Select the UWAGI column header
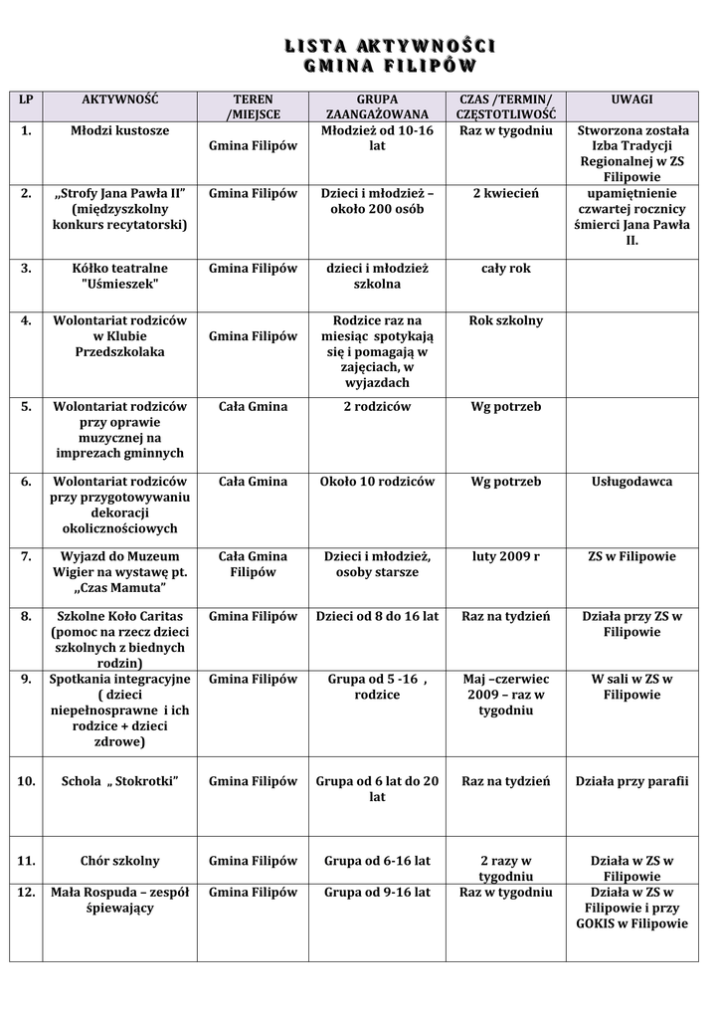coord(632,100)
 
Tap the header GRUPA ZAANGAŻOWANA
coord(377,107)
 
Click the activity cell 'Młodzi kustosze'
coord(120,130)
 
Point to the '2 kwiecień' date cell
coord(505,193)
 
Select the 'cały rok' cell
coord(505,269)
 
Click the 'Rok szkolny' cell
coord(505,320)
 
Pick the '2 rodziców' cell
coord(377,406)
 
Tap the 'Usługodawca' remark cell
coord(632,482)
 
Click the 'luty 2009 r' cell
coord(505,556)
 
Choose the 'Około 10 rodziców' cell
coord(377,482)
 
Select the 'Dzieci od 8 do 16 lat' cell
coord(377,617)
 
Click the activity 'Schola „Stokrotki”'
coord(120,782)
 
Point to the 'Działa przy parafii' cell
coord(632,782)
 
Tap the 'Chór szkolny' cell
coord(120,861)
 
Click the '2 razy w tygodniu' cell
coord(505,869)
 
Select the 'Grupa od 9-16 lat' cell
coord(377,893)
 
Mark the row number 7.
coord(26,556)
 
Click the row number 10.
coord(26,782)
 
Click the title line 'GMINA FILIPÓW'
coord(389,67)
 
